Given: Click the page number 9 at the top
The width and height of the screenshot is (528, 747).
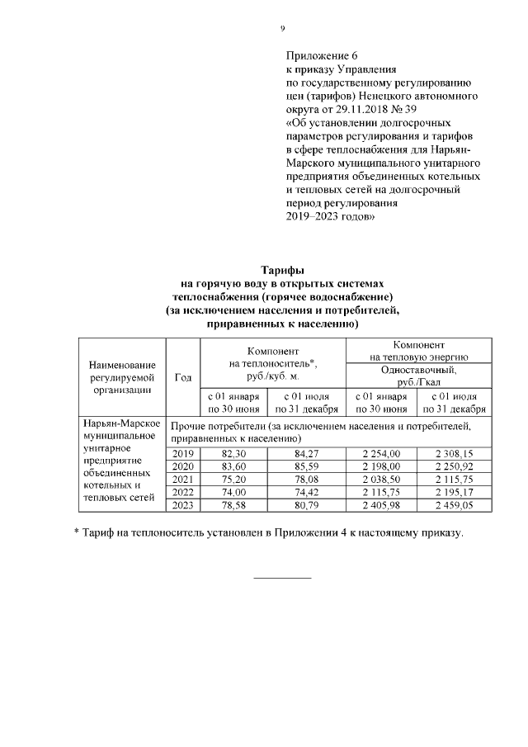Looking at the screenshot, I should click(x=282, y=29).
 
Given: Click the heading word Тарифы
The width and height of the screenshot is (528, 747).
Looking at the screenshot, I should click(x=282, y=270).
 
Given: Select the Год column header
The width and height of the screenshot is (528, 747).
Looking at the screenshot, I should click(x=184, y=377).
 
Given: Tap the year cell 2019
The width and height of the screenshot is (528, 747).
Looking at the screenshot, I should click(x=182, y=453).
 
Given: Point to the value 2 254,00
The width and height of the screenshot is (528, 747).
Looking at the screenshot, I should click(x=383, y=453).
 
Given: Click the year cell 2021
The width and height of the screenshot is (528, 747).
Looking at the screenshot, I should click(x=182, y=479).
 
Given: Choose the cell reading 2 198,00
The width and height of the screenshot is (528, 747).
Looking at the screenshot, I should click(x=383, y=466).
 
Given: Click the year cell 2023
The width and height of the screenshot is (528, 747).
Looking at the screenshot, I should click(x=182, y=504).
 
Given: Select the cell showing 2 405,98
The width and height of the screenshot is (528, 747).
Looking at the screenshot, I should click(x=383, y=504).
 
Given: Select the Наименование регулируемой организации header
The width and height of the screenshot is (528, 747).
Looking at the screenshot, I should click(x=122, y=377).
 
